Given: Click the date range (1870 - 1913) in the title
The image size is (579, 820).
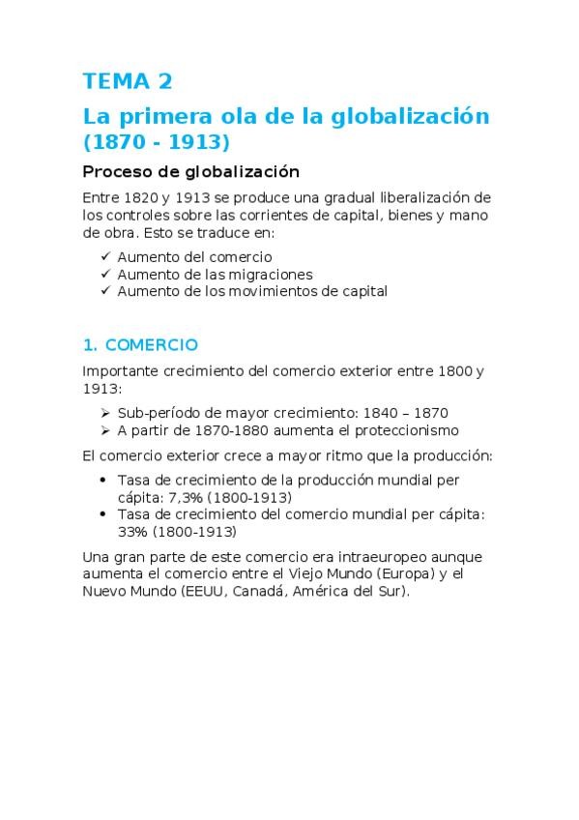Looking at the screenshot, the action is click(157, 142).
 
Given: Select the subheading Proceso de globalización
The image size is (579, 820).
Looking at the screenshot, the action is click(191, 172).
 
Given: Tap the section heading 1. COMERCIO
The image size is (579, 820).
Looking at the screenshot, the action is click(140, 344).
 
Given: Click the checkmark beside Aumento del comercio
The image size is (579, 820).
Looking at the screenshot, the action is click(105, 257).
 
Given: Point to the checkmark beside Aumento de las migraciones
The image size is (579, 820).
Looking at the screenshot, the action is click(105, 274).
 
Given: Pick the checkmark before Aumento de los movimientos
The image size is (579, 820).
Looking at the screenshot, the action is click(105, 291).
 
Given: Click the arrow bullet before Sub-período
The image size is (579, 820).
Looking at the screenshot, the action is click(105, 412).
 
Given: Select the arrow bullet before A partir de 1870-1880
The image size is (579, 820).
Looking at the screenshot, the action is click(105, 429).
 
